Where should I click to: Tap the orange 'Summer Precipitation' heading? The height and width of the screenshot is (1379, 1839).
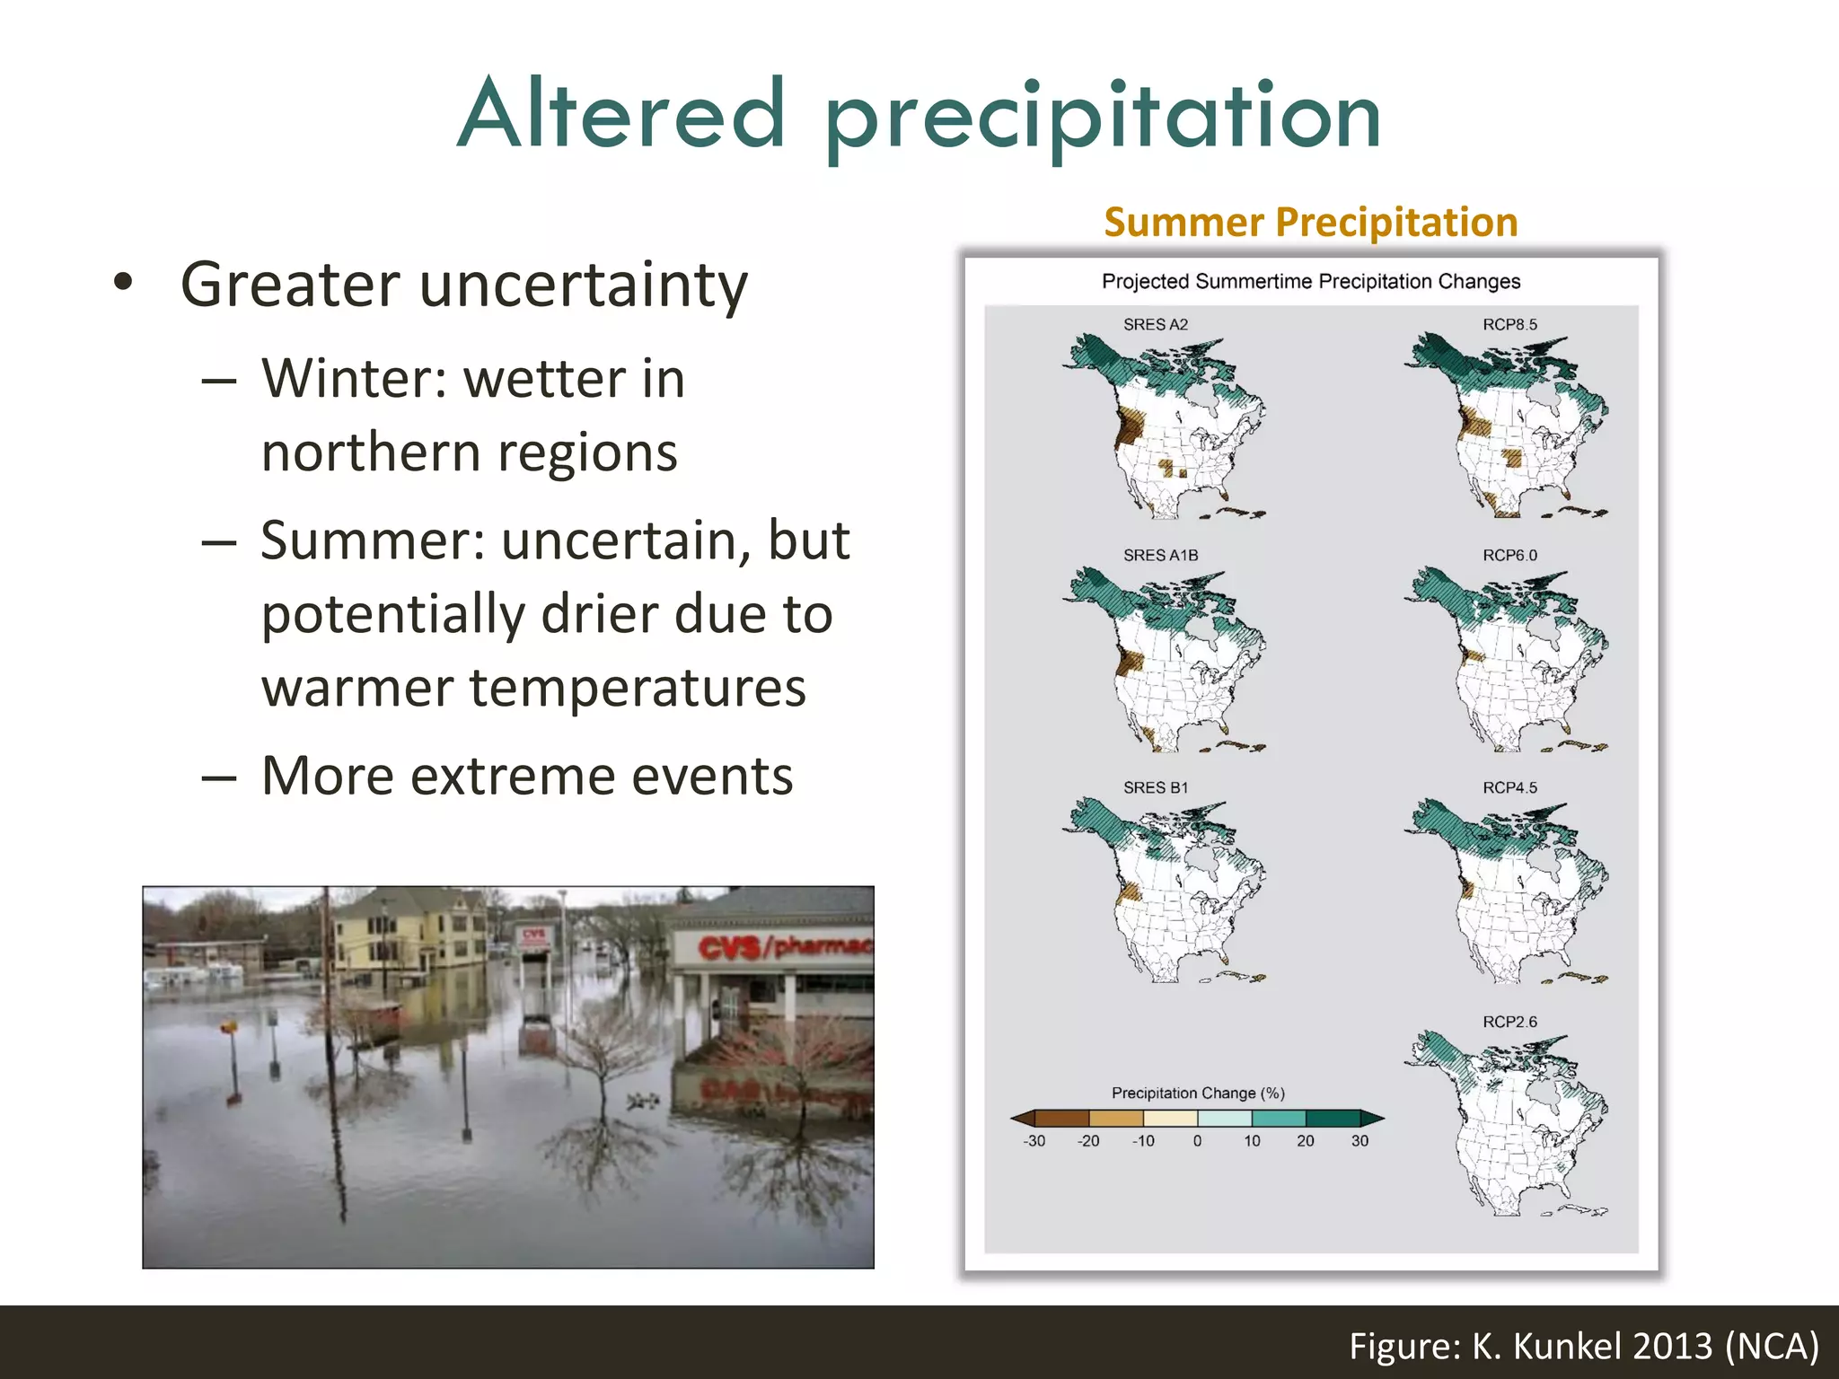coord(1310,222)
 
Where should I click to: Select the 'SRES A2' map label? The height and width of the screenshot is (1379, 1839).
coord(1155,324)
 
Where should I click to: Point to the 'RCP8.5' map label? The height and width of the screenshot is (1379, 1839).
coord(1509,324)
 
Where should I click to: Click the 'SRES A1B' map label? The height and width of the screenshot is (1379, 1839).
coord(1160,555)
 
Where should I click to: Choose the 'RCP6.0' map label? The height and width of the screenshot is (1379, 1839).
coord(1509,555)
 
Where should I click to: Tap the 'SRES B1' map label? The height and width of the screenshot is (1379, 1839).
coord(1155,787)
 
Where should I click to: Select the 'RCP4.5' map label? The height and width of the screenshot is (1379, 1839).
coord(1509,787)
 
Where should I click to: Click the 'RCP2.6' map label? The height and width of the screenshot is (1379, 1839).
coord(1509,1022)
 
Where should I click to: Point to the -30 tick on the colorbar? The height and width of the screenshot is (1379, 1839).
coord(1034,1141)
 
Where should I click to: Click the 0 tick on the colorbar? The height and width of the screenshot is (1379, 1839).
coord(1197,1141)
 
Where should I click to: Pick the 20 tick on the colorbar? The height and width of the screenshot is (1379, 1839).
coord(1305,1141)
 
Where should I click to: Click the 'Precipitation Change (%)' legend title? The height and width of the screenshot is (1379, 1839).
coord(1198,1093)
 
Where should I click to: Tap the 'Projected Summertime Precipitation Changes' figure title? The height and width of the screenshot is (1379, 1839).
coord(1310,281)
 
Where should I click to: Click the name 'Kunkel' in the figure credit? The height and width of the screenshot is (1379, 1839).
coord(1567,1346)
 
